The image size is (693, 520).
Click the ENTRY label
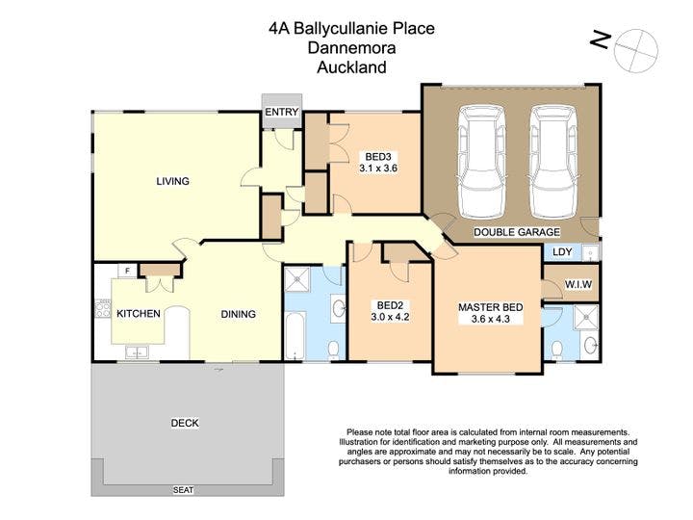coord(281,112)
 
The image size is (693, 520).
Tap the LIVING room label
coord(173,181)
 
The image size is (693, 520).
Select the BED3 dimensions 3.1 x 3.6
coord(378,168)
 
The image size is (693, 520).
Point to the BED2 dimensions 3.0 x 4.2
coord(390,317)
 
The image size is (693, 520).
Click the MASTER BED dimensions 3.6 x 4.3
coord(491,319)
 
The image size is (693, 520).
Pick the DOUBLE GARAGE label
coord(517,232)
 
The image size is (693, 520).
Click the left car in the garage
coord(481,162)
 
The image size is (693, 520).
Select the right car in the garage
coord(553,162)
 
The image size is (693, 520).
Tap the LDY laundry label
coord(562,251)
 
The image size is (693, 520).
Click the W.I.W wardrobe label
coord(578,284)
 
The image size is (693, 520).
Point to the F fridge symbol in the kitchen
coord(128,271)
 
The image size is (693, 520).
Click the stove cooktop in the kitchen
coord(103,308)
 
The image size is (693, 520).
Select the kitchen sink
coord(137,352)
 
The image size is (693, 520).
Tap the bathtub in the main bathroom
coord(295,336)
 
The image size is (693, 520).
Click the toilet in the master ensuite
coord(557,350)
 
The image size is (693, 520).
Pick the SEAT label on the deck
coord(183,490)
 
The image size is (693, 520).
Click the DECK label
coord(185,423)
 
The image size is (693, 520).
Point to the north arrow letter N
coord(601,40)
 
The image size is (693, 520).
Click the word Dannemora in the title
coord(351,47)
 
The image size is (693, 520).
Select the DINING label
coord(239,314)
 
